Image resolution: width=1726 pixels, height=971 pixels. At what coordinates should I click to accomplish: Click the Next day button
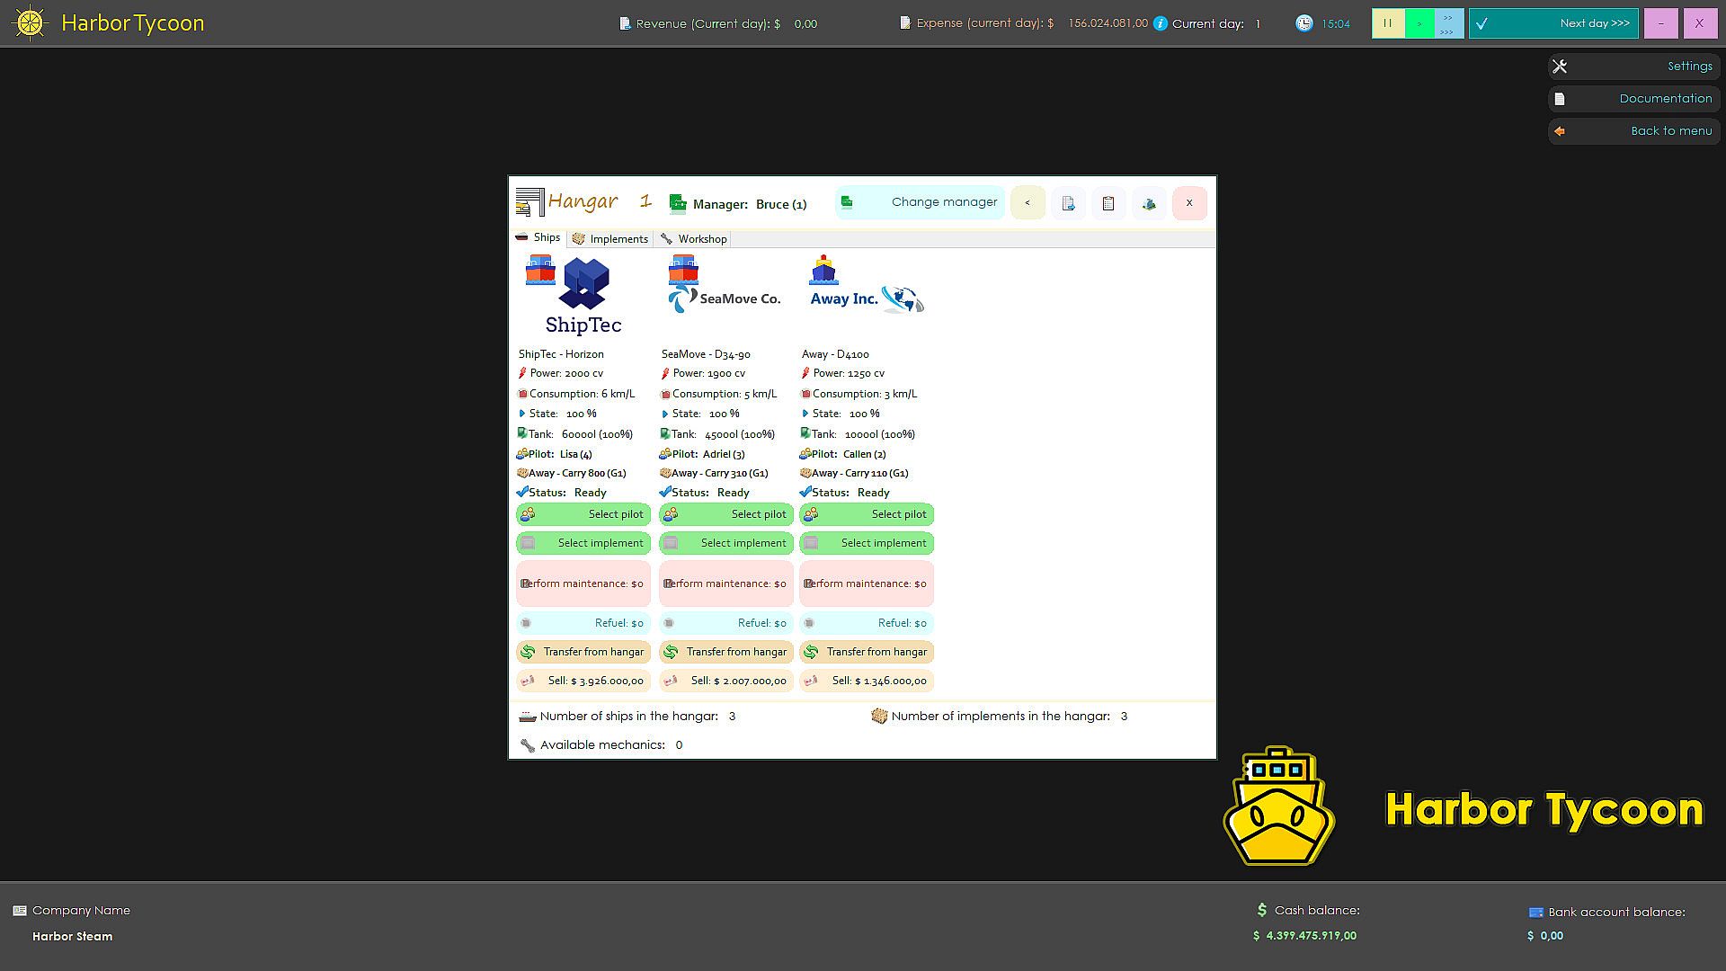pyautogui.click(x=1553, y=23)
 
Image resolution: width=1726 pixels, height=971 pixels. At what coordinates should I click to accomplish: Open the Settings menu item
pyautogui.click(x=1634, y=67)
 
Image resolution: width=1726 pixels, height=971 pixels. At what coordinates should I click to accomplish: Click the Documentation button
pyautogui.click(x=1634, y=99)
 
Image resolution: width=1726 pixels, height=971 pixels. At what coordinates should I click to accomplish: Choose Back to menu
pyautogui.click(x=1634, y=131)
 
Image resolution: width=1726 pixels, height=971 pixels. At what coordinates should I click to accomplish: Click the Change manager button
pyautogui.click(x=920, y=202)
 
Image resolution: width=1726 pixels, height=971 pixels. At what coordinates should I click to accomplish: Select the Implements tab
pyautogui.click(x=610, y=239)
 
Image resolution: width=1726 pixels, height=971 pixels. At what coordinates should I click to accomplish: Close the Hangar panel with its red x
pyautogui.click(x=1189, y=203)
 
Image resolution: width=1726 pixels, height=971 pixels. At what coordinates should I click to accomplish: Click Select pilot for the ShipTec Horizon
pyautogui.click(x=583, y=514)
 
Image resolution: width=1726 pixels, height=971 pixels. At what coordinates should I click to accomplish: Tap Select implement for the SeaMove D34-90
pyautogui.click(x=726, y=543)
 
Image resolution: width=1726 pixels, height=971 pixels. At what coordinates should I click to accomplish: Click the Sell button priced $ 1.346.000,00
pyautogui.click(x=867, y=681)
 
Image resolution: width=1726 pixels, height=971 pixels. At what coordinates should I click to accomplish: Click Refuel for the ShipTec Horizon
pyautogui.click(x=583, y=623)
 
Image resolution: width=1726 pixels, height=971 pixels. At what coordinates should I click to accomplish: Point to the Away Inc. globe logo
pyautogui.click(x=903, y=298)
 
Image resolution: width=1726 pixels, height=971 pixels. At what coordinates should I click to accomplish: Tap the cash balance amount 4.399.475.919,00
pyautogui.click(x=1312, y=936)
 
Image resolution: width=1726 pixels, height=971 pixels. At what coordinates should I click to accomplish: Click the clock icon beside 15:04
pyautogui.click(x=1304, y=23)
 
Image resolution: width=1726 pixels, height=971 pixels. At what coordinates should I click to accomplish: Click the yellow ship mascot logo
pyautogui.click(x=1279, y=806)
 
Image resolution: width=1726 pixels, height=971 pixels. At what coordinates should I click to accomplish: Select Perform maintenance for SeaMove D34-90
pyautogui.click(x=726, y=583)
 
